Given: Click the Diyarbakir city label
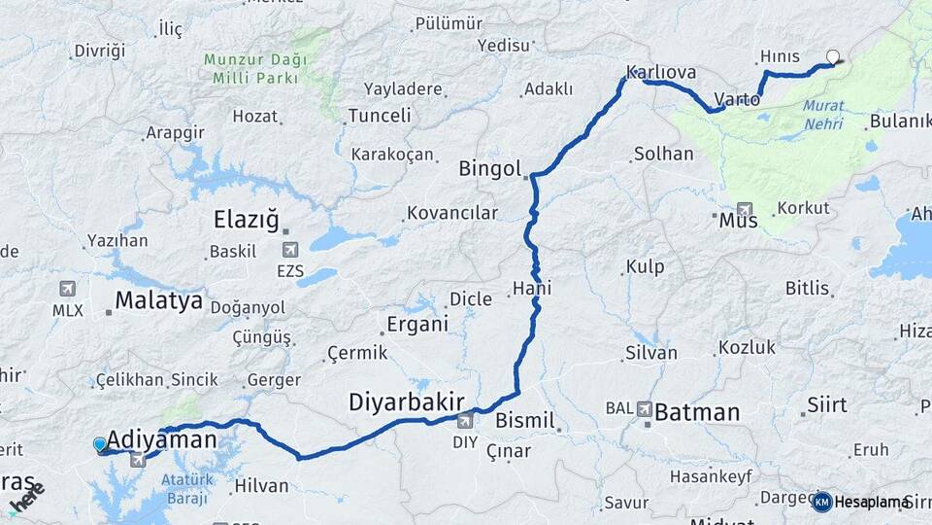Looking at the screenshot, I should (x=407, y=402).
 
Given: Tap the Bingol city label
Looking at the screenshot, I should (x=490, y=168).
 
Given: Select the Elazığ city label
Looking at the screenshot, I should (x=246, y=220).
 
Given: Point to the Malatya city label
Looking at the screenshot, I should (x=158, y=300).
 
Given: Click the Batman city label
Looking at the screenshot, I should (x=697, y=411).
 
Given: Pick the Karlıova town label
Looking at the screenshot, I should (x=661, y=72).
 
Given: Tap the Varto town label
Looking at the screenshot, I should (x=737, y=98).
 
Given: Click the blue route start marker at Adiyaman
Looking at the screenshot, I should (x=100, y=444).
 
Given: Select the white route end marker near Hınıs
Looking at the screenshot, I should (x=832, y=56).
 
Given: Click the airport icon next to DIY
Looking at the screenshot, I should (x=465, y=420).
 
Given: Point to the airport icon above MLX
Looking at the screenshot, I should (x=67, y=289).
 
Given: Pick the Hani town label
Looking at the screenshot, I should (x=532, y=288).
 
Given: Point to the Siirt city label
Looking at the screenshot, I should (x=826, y=405).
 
